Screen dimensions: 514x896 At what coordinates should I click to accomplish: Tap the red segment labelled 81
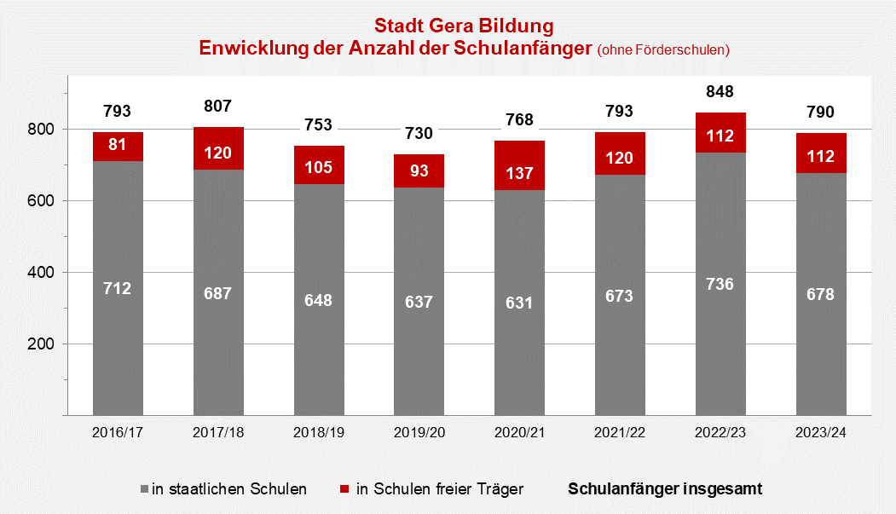click(118, 145)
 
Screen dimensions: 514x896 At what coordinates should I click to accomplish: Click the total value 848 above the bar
click(720, 91)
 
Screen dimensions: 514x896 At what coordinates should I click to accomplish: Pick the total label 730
click(419, 133)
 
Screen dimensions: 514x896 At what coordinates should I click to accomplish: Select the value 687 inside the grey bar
click(218, 293)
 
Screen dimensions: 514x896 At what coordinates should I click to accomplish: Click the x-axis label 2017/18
click(218, 433)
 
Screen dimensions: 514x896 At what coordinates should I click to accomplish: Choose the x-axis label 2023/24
click(821, 433)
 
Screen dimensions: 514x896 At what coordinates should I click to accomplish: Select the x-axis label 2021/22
click(620, 433)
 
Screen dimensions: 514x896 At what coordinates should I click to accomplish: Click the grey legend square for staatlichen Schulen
click(144, 489)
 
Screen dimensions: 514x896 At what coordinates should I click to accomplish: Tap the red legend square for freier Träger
click(344, 489)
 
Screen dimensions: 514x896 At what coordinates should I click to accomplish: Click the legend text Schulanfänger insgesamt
click(665, 489)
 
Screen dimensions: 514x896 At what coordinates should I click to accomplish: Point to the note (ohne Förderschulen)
click(663, 49)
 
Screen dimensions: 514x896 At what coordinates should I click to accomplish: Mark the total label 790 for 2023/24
click(821, 112)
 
